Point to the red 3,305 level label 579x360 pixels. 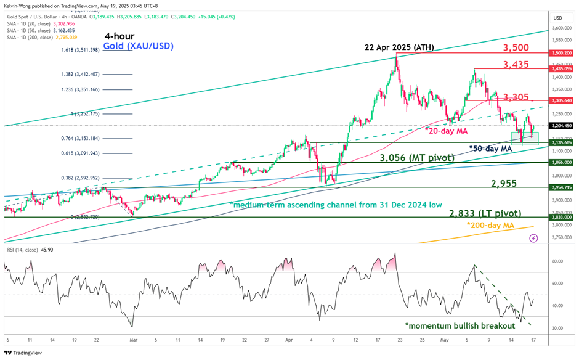tap(516, 97)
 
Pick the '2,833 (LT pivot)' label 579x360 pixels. tap(486, 213)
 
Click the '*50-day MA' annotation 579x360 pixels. tap(491, 149)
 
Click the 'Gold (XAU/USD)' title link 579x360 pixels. tap(138, 46)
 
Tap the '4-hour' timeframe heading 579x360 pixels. tap(119, 36)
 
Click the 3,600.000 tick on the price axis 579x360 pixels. tap(559, 28)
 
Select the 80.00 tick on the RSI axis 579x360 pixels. tap(557, 261)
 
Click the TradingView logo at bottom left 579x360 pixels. tap(24, 353)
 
